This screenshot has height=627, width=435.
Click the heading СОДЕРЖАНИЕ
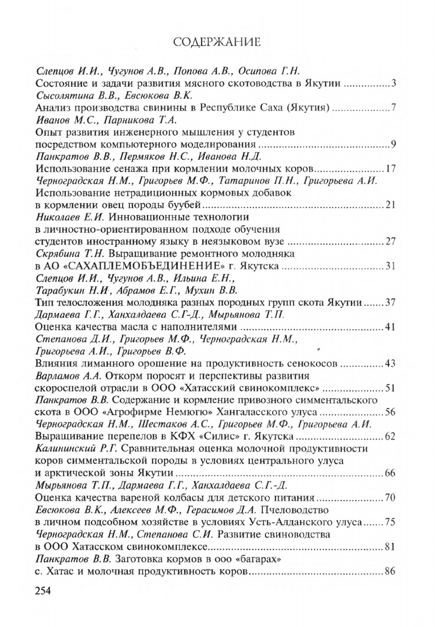pyautogui.click(x=217, y=43)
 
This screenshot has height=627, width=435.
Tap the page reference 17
pyautogui.click(x=390, y=168)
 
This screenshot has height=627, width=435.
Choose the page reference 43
pyautogui.click(x=390, y=363)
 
